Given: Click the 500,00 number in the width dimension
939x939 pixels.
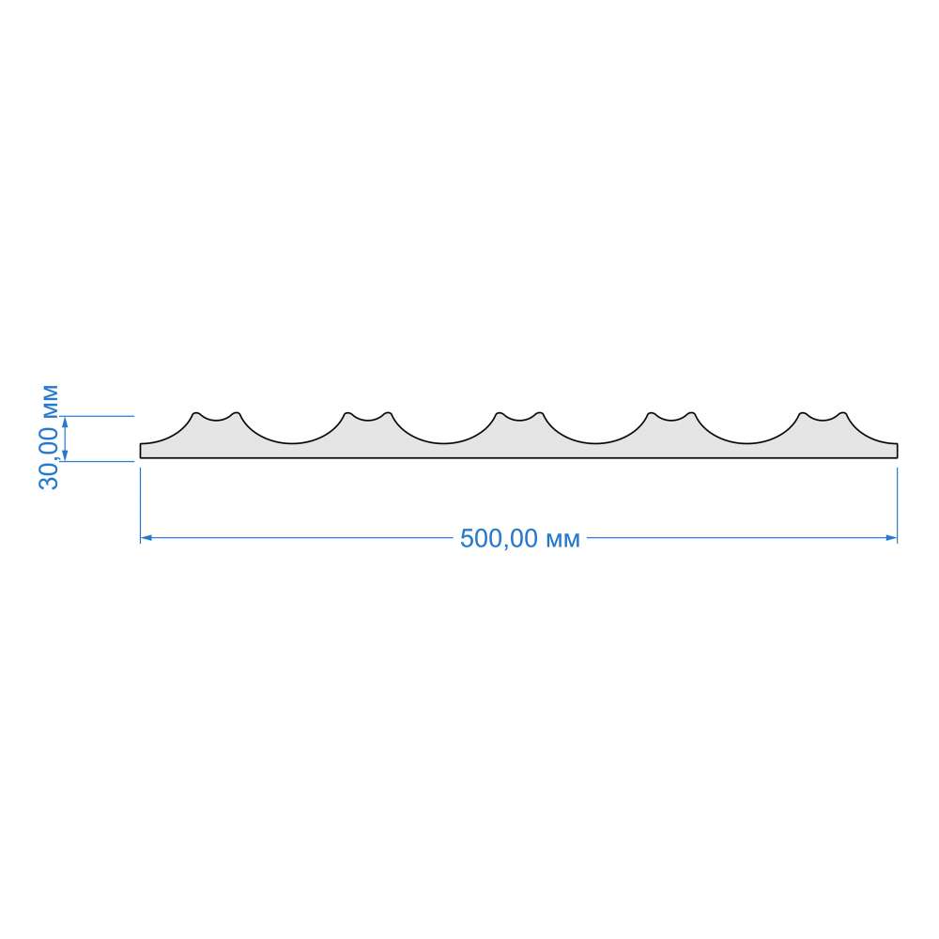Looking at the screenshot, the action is point(499,538).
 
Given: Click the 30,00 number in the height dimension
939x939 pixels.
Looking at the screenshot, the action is point(49,457).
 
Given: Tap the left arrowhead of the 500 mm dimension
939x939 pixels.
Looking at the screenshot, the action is point(146,538).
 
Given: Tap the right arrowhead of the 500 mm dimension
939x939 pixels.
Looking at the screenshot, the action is point(891,538).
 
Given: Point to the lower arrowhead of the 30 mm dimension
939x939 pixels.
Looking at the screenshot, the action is point(65,455).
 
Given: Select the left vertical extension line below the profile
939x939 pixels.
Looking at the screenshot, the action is point(140,505).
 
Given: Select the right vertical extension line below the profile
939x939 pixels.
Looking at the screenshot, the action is point(897,505).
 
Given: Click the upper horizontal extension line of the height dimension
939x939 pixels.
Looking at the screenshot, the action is point(97,416).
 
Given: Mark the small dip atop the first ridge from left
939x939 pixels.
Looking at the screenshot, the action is point(216,419).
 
